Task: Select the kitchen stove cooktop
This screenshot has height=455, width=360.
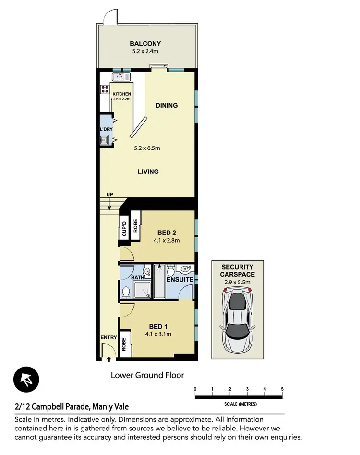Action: [104, 89]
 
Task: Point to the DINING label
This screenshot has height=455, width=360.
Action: [167, 105]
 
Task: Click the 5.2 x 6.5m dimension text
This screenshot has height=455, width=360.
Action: [147, 148]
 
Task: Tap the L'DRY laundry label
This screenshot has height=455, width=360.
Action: [106, 130]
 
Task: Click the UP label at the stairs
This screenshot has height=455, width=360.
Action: [109, 194]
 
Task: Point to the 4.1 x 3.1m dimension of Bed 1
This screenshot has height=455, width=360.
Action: [158, 335]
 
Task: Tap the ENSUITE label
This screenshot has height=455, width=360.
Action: [180, 279]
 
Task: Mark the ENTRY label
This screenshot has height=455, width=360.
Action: [108, 337]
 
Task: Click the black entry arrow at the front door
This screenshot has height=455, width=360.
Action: [109, 359]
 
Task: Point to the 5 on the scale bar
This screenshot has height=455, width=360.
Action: [282, 389]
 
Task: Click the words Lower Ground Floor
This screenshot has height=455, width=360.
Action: [147, 375]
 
